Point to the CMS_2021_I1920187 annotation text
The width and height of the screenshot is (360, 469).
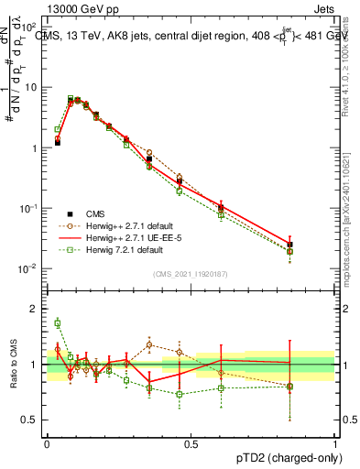pos(191,273)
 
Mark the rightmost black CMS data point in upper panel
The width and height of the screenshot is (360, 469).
pos(290,245)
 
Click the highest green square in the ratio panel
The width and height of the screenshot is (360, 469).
pos(57,322)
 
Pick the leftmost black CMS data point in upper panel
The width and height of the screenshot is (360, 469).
pos(57,143)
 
